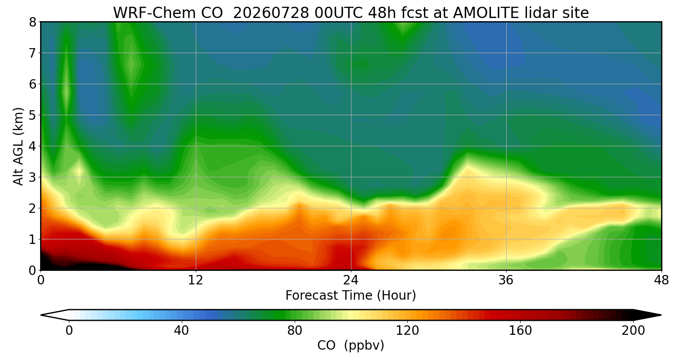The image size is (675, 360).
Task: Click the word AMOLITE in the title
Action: tap(486, 13)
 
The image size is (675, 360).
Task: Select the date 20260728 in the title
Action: tap(271, 13)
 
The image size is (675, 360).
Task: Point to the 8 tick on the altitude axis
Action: tap(32, 22)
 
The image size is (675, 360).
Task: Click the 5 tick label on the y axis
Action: tap(32, 115)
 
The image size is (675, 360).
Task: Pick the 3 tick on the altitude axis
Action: tap(32, 177)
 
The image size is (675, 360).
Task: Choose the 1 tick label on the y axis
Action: tap(32, 239)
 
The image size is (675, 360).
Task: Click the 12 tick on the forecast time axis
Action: tap(196, 280)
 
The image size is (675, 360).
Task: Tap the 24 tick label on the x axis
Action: tap(351, 280)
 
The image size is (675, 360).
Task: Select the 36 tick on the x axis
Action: tap(506, 280)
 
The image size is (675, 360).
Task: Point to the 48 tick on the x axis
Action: tap(661, 280)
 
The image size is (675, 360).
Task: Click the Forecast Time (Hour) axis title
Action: tap(351, 296)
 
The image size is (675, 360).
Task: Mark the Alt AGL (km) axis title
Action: tap(18, 146)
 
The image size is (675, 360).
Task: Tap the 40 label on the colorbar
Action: tap(181, 331)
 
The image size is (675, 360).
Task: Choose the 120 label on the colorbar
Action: tap(407, 331)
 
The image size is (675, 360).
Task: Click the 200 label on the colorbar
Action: tap(633, 331)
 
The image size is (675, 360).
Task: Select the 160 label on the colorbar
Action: tap(520, 331)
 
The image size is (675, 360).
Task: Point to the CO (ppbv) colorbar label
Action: tap(351, 346)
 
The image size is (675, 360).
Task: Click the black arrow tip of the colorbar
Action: tap(661, 315)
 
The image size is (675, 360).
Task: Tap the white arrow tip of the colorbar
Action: tap(41, 315)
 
